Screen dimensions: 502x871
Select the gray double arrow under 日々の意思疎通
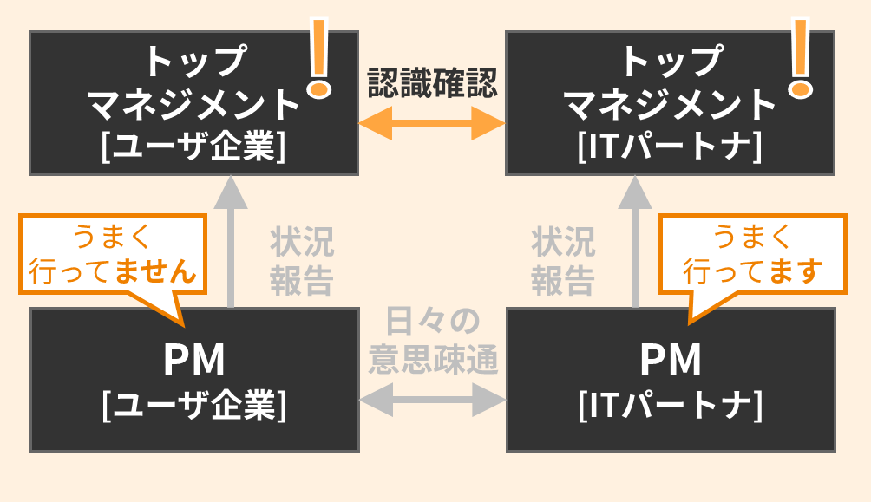[432, 401]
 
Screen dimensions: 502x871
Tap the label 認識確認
[432, 84]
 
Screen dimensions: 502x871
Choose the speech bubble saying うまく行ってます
[752, 255]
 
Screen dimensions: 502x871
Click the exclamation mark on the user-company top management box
[319, 57]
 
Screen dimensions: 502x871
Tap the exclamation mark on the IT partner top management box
[799, 57]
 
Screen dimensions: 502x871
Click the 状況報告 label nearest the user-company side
[301, 261]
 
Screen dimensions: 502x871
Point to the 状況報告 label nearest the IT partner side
[563, 261]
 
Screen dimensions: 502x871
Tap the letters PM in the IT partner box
[670, 361]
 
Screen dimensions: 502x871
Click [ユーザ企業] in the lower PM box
[193, 405]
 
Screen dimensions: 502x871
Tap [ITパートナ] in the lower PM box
[670, 405]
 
